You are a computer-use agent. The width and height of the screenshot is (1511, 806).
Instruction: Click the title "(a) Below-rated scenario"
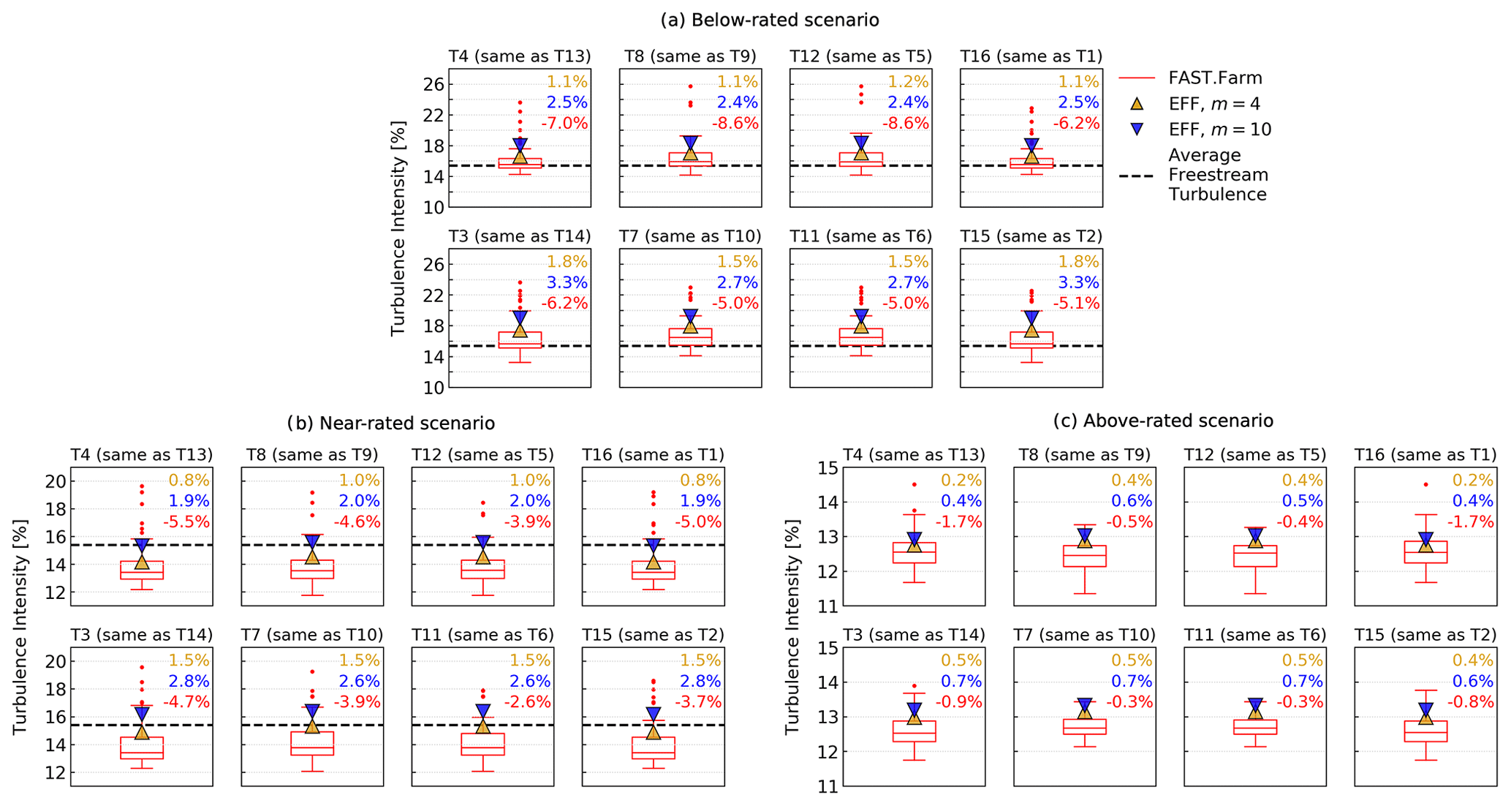tap(770, 20)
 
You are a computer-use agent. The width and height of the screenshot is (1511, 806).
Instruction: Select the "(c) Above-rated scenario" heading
tap(1163, 421)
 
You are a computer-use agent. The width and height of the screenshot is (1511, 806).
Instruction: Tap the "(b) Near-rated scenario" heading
tap(390, 423)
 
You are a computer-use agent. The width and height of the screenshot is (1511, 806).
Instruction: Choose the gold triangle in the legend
tap(1137, 104)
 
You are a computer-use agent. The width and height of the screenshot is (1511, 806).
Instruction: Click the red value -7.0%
tap(564, 123)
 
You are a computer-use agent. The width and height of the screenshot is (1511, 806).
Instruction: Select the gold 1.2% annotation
tap(908, 82)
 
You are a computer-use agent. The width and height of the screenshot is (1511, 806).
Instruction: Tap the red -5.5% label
tap(186, 522)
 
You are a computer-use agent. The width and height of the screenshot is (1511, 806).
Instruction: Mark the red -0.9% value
tap(958, 702)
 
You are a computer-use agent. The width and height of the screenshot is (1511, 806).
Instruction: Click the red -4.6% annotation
tap(357, 522)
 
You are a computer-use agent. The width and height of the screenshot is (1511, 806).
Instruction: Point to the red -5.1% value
tap(1076, 303)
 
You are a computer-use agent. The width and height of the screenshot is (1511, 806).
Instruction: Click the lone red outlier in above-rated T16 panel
tap(1425, 484)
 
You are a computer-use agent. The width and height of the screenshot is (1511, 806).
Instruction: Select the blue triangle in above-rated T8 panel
tap(1085, 535)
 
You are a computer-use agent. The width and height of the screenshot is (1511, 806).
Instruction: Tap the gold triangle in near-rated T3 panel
tap(142, 731)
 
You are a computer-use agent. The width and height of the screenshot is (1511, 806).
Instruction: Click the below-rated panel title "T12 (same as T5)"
tap(860, 56)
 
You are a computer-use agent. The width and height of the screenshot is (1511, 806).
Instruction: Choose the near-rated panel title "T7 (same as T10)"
tap(312, 635)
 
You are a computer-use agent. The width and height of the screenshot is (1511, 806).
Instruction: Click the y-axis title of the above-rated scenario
tap(792, 627)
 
